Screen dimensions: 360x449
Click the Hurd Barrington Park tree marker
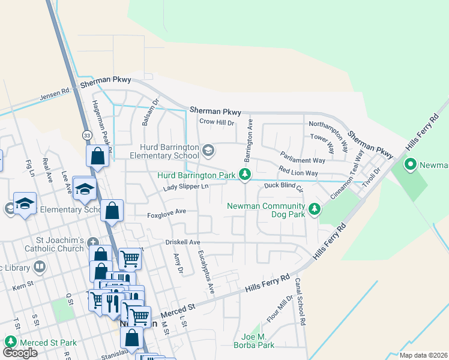[244, 175]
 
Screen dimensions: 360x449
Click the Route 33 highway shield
[87, 135]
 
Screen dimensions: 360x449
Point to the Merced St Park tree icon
[10, 342]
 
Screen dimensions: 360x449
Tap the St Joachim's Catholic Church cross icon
[92, 242]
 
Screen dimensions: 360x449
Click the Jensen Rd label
[55, 94]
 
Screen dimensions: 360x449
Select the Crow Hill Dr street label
[216, 122]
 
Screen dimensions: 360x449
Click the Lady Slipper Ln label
[185, 187]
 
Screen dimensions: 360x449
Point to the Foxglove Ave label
[167, 213]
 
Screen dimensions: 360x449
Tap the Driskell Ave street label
[182, 242]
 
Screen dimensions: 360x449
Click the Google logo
[20, 353]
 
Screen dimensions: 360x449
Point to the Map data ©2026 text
[423, 355]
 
